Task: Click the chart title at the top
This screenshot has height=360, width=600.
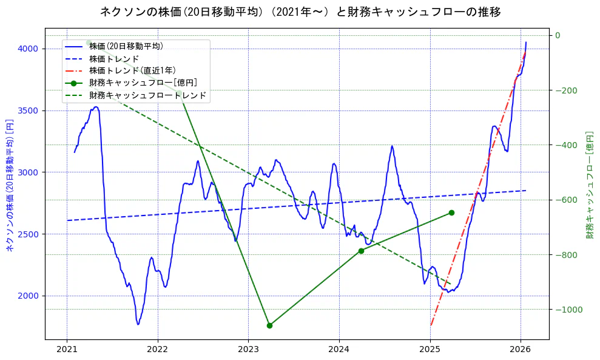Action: [x=300, y=12]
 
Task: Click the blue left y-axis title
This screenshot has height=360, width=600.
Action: [x=9, y=185]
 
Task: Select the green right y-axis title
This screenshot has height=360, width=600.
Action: [x=590, y=185]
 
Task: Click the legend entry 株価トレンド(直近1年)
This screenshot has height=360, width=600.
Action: [x=132, y=70]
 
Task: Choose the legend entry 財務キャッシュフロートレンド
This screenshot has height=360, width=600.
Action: [x=147, y=95]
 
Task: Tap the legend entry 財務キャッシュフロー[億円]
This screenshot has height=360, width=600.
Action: [x=143, y=83]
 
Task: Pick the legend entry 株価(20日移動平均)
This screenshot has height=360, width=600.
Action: [x=126, y=46]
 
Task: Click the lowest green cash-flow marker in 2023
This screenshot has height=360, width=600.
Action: [x=269, y=325]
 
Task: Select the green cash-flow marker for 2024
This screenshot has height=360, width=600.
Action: [x=361, y=251]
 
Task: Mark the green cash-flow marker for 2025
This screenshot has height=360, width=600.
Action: [x=451, y=212]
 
